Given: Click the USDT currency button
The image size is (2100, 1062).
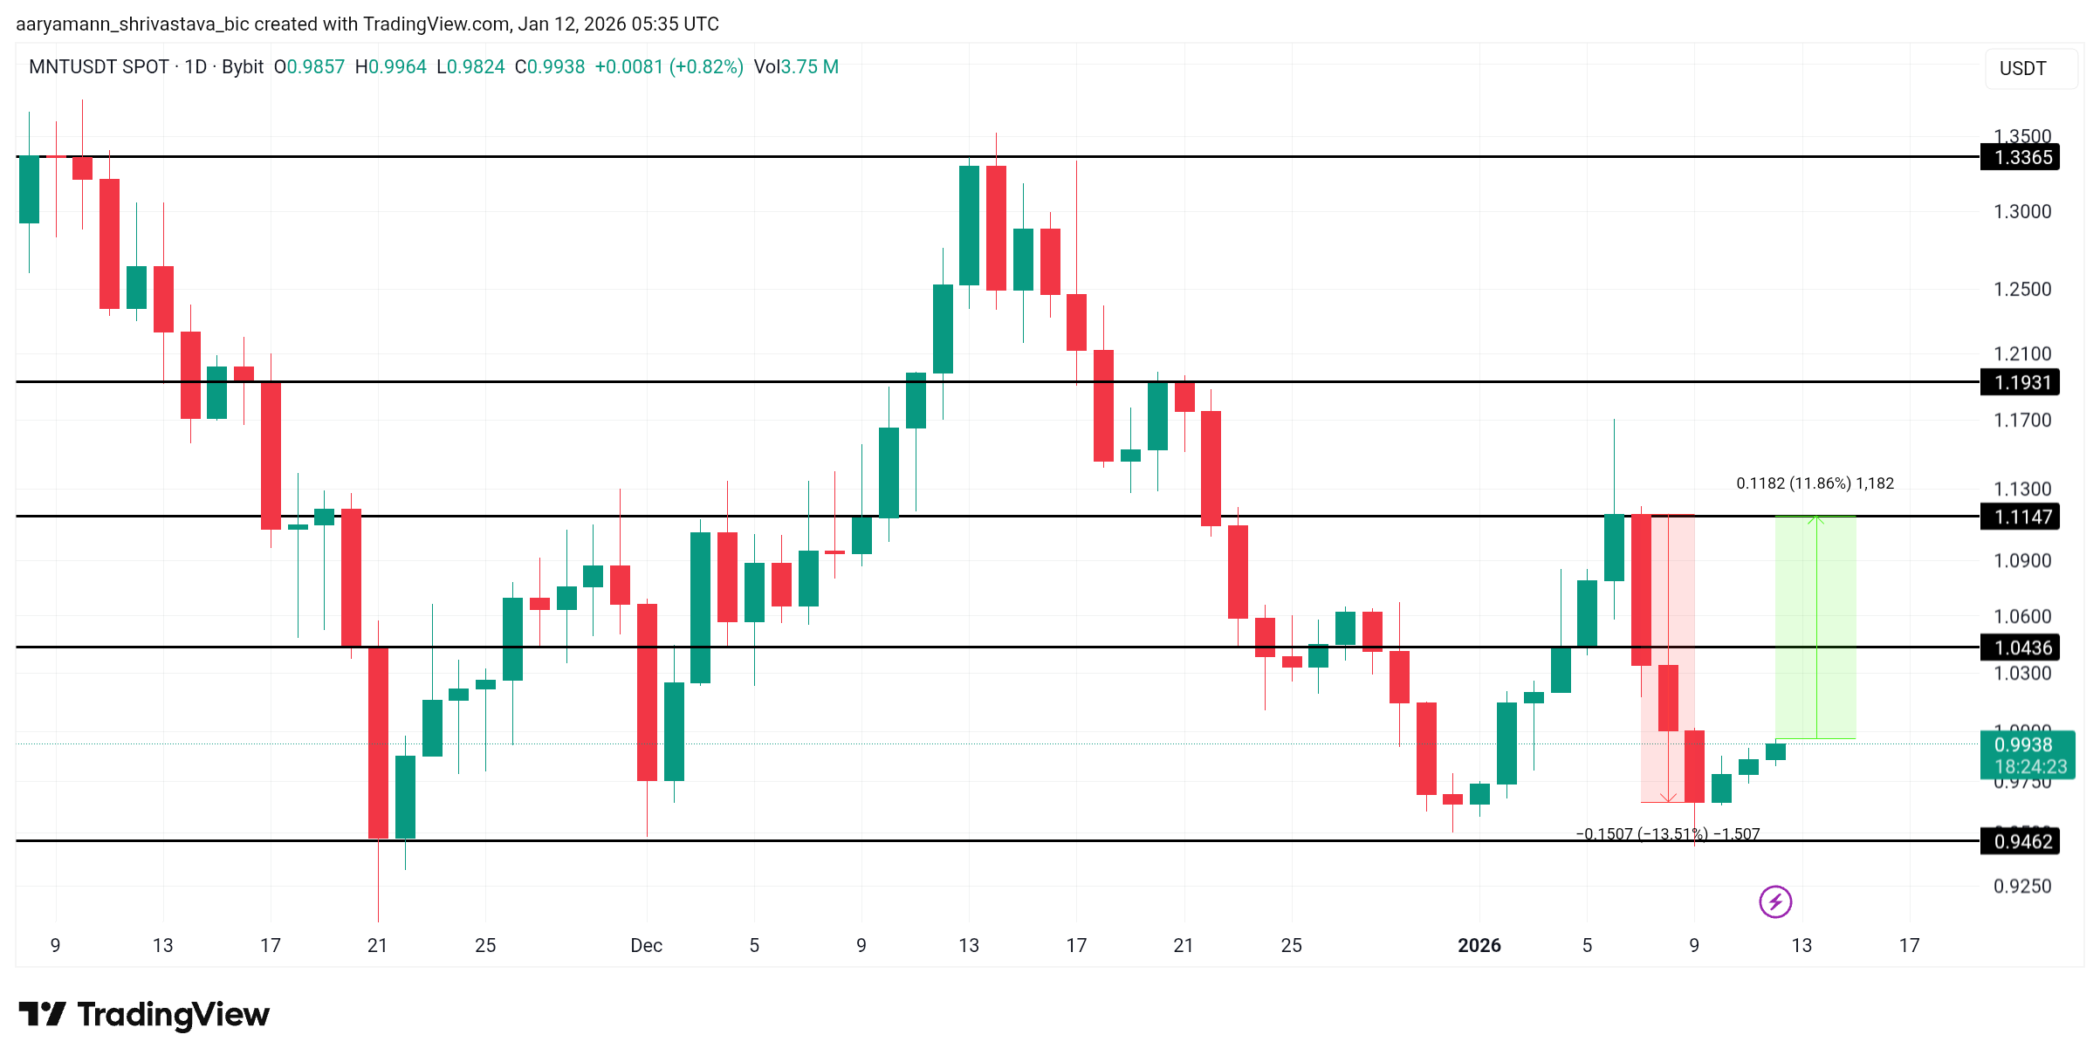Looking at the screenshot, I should point(2022,68).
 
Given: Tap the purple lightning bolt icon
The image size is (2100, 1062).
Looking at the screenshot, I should point(1775,901).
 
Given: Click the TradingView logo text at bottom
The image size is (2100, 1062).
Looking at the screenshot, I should point(145,1014).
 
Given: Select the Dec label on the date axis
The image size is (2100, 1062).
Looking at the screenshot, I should point(647,945).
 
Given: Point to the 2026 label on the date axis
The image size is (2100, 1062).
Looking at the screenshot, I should point(1479,945).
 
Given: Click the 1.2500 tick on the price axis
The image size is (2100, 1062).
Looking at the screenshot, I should point(2022,289).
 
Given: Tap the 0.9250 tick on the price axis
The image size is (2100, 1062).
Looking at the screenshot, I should point(2022,886).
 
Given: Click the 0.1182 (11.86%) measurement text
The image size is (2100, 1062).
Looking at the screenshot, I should point(1815,483).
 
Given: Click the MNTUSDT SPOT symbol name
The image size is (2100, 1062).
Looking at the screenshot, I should point(99,67).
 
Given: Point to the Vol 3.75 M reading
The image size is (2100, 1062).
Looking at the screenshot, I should point(796,67).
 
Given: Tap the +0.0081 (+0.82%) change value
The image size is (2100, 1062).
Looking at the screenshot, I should point(669,67).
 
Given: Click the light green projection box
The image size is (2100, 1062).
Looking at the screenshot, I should point(1815,628).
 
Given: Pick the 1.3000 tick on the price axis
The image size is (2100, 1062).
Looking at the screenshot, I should point(2022,211).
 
